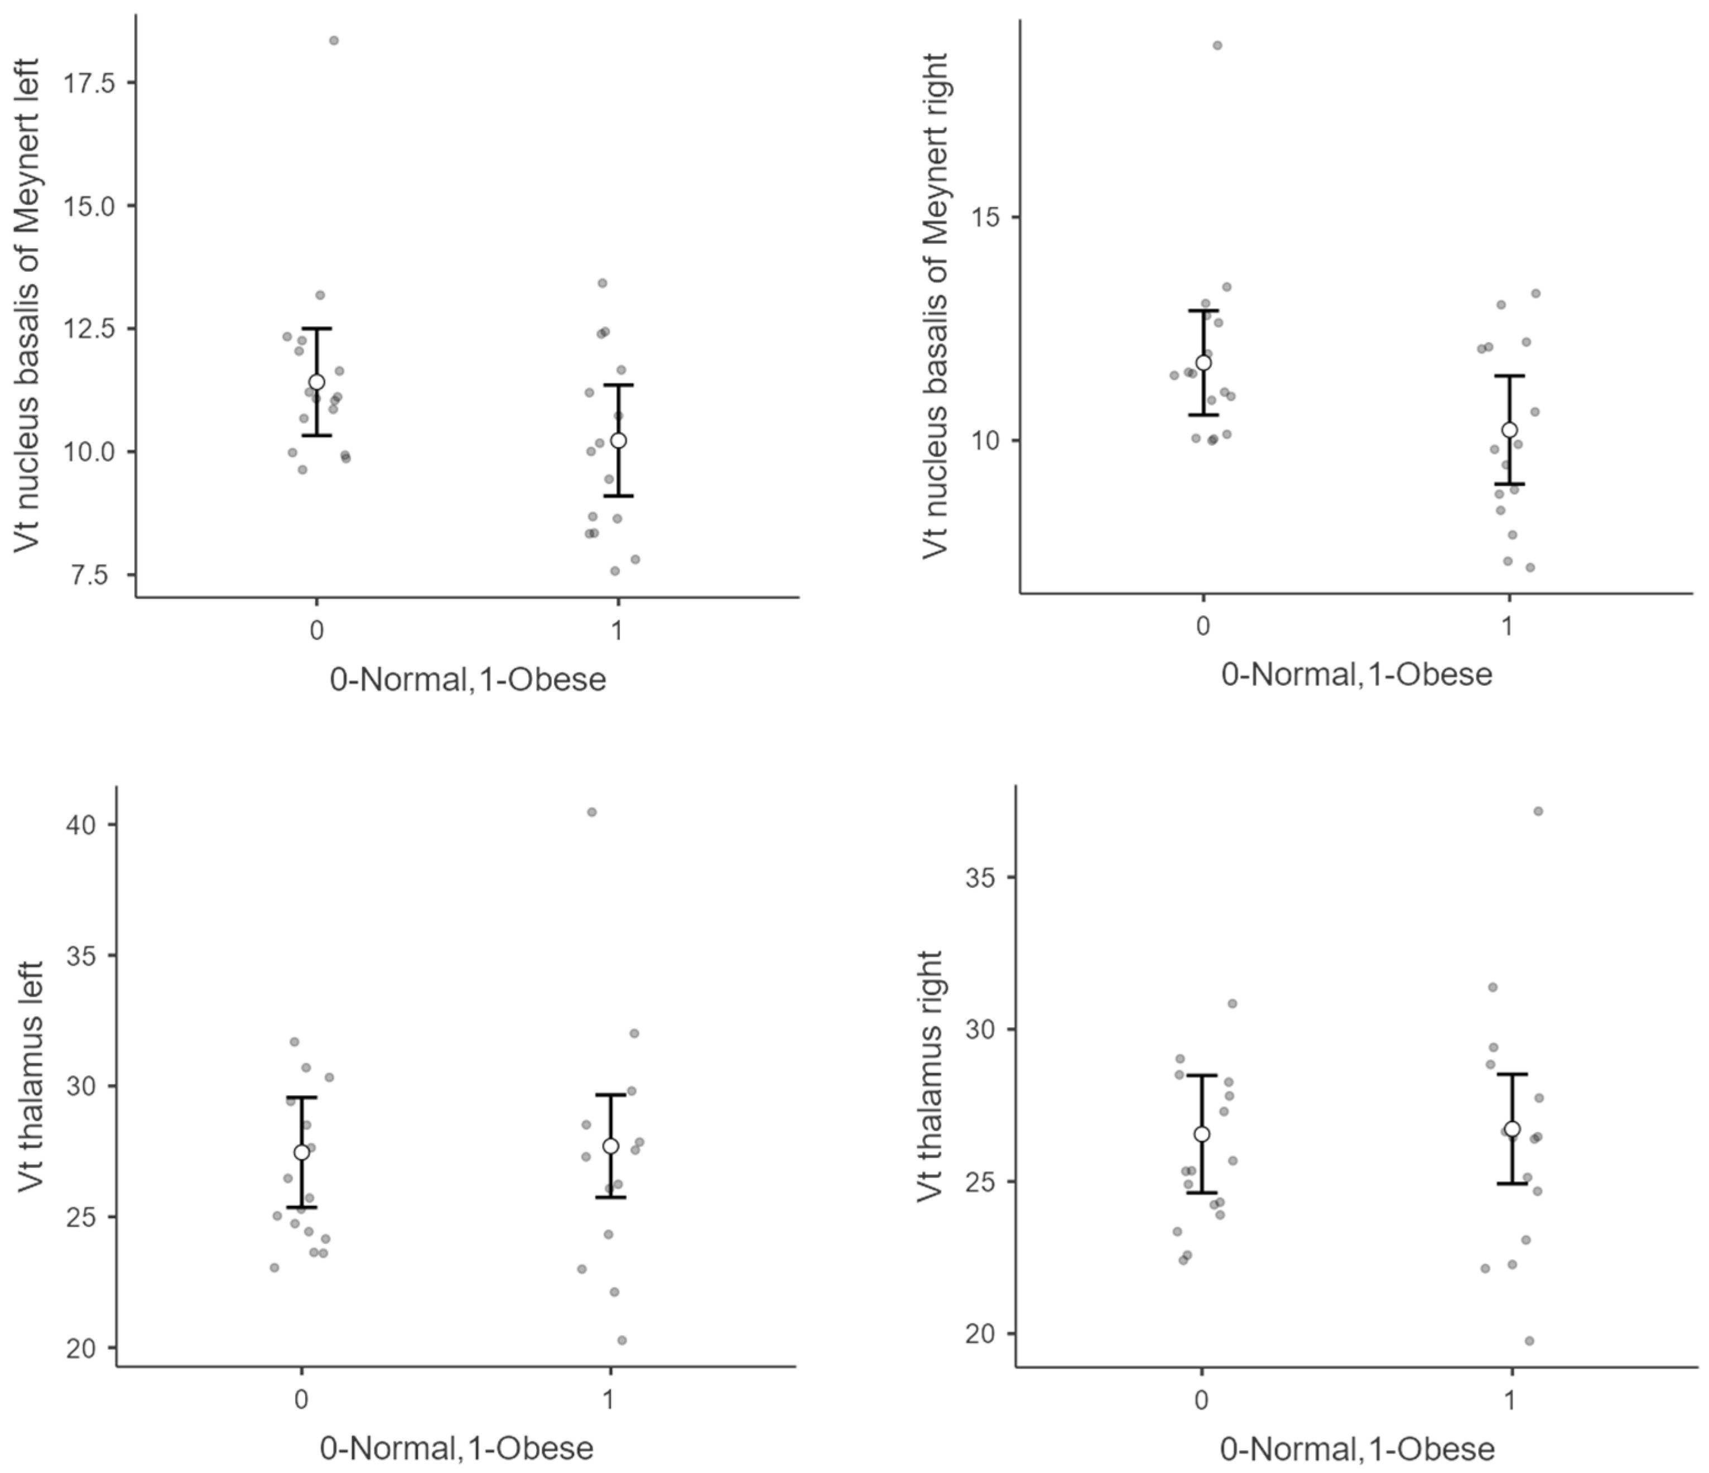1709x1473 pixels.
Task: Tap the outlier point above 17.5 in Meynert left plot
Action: (x=334, y=40)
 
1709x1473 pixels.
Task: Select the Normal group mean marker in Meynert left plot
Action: (x=317, y=382)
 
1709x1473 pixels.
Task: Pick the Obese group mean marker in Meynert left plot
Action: (x=619, y=440)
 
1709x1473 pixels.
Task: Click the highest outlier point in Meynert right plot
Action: (x=1217, y=45)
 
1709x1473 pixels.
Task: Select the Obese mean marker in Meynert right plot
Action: (x=1509, y=430)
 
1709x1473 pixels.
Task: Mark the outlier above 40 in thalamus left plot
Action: (x=591, y=812)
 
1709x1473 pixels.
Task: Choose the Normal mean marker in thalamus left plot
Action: (x=302, y=1152)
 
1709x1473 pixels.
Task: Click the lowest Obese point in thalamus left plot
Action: (x=622, y=1340)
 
